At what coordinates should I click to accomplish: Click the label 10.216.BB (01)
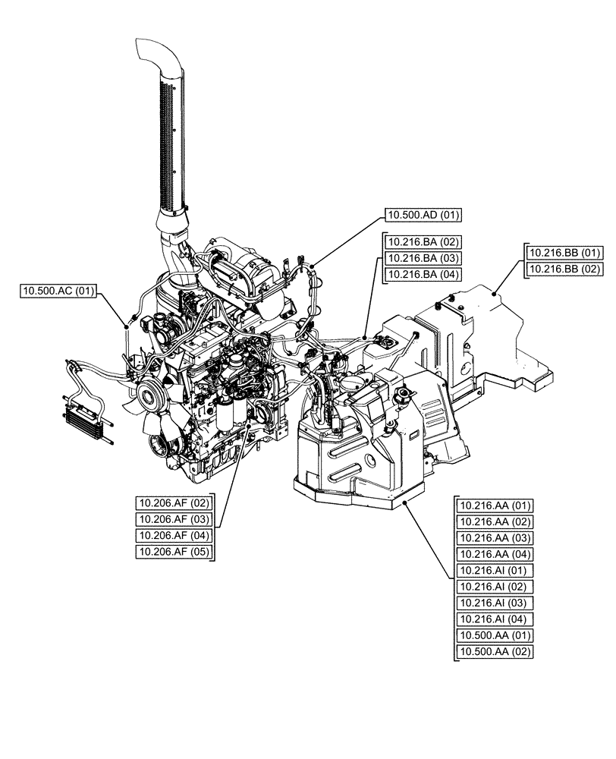[564, 253]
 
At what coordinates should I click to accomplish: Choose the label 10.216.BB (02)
[564, 269]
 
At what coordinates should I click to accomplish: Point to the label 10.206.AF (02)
[174, 502]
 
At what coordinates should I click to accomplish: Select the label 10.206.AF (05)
[174, 552]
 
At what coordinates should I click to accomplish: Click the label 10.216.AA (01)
[496, 505]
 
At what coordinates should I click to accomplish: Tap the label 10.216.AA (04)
[496, 554]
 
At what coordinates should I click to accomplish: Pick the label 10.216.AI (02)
[496, 587]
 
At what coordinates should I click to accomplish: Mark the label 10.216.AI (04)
[496, 619]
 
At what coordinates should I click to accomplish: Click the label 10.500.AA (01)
[496, 635]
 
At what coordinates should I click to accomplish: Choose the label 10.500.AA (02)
[496, 652]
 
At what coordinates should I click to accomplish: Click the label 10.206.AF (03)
[174, 519]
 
